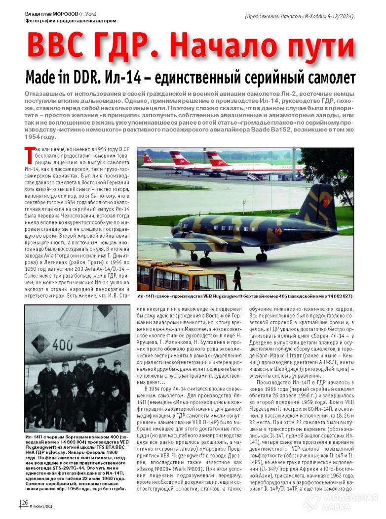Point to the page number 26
[x=24, y=503]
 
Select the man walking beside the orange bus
[x=237, y=279]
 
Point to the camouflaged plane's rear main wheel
[x=262, y=257]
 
